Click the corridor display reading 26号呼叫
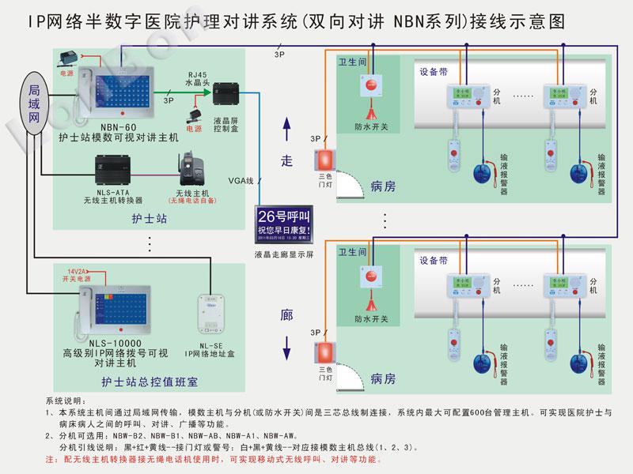pyautogui.click(x=284, y=225)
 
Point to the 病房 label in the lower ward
pyautogui.click(x=383, y=379)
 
